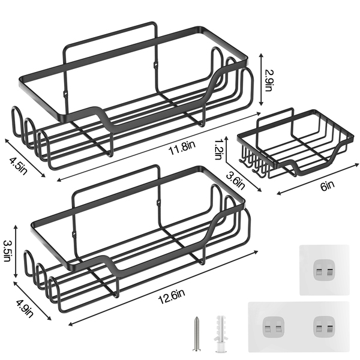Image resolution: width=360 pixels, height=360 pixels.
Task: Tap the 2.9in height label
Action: [x=268, y=80]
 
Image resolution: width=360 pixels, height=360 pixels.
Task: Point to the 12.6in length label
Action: [x=172, y=296]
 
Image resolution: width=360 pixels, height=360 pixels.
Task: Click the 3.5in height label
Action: [x=7, y=251]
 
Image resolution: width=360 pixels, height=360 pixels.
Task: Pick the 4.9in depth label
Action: [x=25, y=308]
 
